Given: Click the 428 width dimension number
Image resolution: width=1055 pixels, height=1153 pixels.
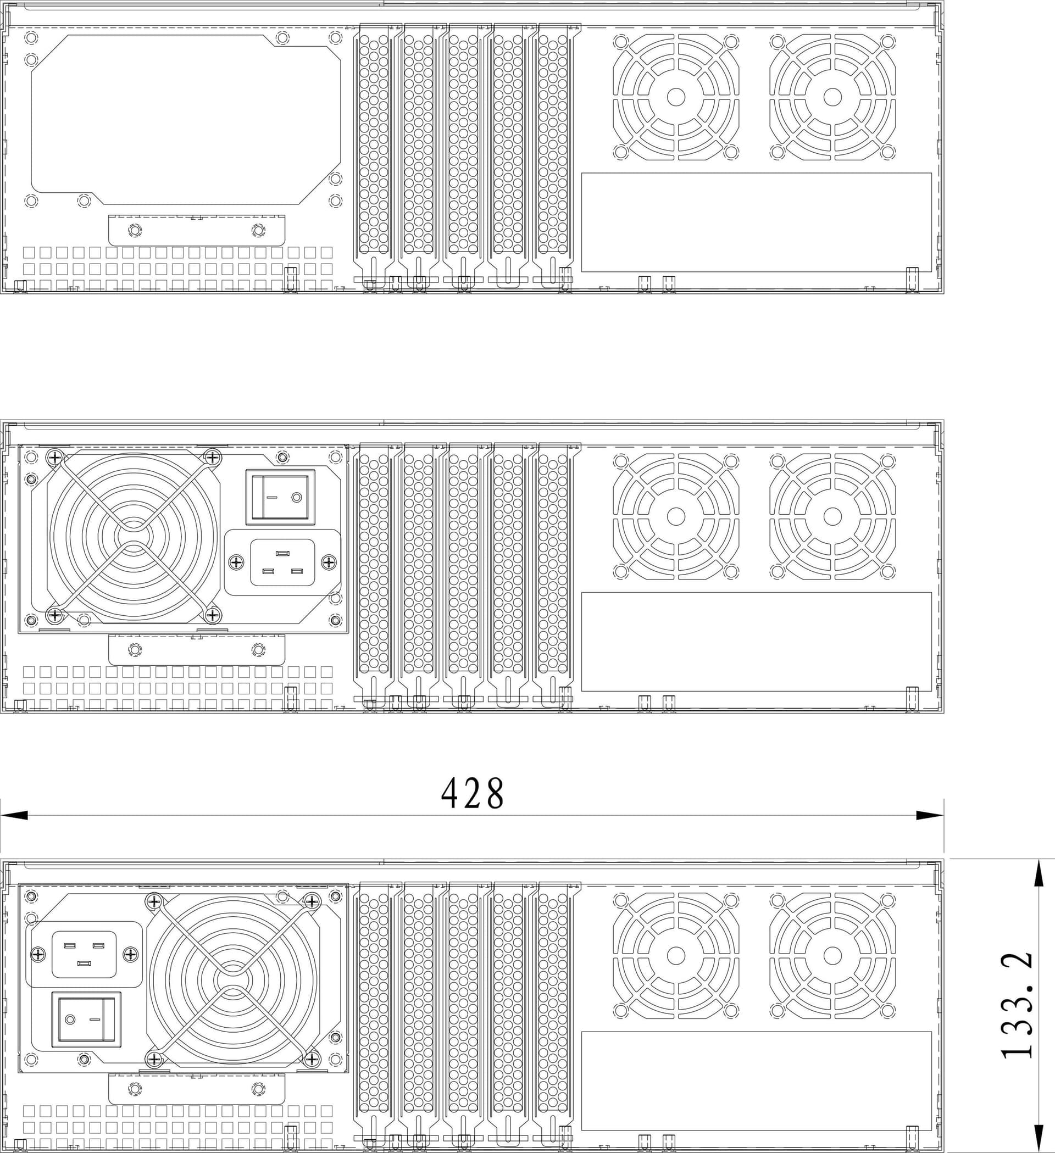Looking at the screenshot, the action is (473, 793).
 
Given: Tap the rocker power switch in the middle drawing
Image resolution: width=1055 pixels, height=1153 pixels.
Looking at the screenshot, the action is (280, 497).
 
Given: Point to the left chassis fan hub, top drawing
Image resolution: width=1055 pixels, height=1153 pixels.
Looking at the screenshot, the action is (676, 97).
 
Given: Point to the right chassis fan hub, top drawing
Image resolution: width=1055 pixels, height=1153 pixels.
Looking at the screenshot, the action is (832, 97).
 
